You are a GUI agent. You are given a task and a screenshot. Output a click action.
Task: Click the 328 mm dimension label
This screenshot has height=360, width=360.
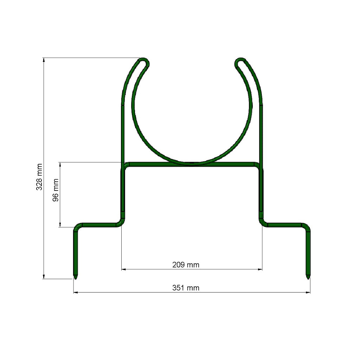click(x=39, y=177)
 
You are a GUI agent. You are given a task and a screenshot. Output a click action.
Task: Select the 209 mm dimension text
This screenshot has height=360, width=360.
click(x=186, y=265)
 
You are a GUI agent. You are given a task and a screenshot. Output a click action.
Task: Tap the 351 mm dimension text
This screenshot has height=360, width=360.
click(x=186, y=288)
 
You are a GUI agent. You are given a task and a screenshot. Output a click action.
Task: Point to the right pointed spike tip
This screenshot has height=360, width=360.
click(x=308, y=278)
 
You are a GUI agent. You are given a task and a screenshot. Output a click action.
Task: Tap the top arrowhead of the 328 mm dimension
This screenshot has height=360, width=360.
click(x=44, y=60)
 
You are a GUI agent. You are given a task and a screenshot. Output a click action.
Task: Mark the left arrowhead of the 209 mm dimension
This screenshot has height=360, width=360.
click(x=124, y=269)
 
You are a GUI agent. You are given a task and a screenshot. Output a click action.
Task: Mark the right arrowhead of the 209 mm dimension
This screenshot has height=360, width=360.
click(x=260, y=269)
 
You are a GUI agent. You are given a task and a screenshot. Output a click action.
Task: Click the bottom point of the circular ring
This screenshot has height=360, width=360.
click(x=192, y=163)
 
